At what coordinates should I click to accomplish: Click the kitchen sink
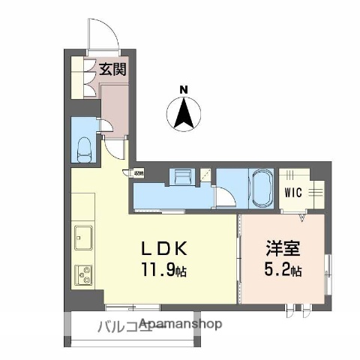click(82, 240)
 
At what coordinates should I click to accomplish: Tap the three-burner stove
click(82, 274)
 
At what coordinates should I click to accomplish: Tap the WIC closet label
click(293, 191)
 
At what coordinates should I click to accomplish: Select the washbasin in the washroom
click(182, 178)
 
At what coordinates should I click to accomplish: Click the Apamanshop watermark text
click(180, 325)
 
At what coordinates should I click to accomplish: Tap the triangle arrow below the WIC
click(303, 218)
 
